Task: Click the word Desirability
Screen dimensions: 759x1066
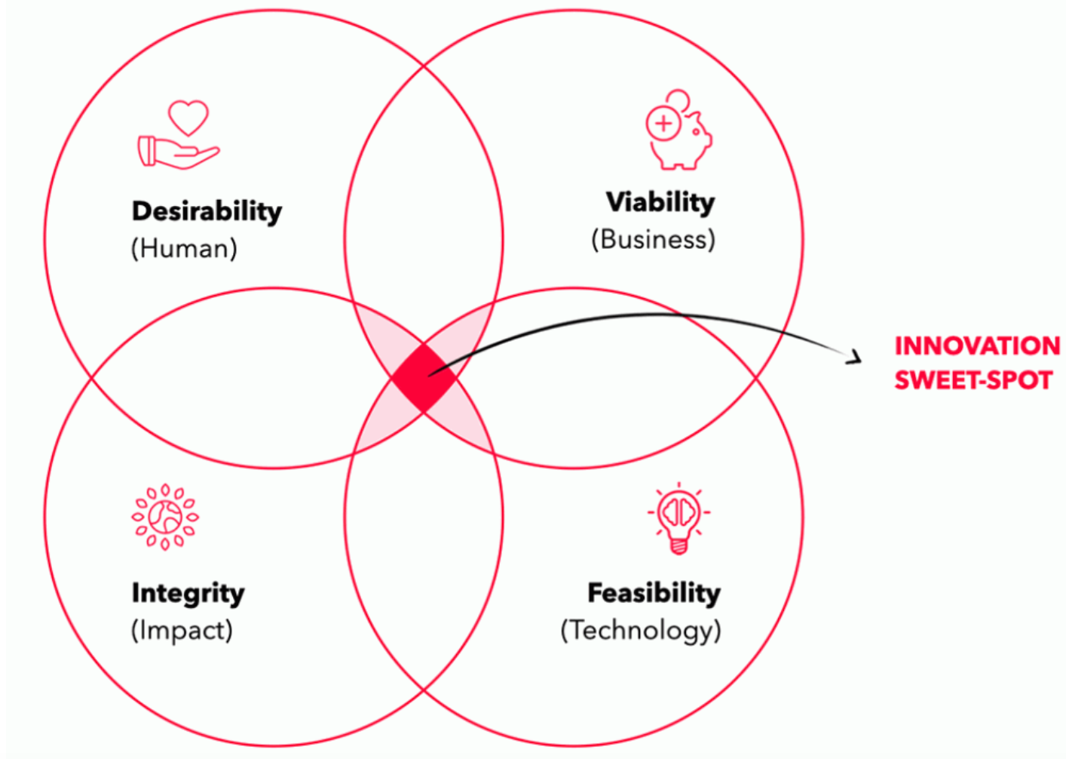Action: tap(207, 211)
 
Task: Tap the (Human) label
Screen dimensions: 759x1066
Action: tap(184, 248)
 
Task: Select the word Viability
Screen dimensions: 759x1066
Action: tap(660, 202)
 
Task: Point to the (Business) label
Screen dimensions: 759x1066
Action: tap(653, 239)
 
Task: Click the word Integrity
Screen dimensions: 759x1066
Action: tap(188, 594)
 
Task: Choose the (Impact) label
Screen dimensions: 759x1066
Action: tap(182, 630)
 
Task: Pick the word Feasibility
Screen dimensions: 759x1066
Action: tap(654, 593)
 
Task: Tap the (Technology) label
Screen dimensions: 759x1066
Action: tap(641, 630)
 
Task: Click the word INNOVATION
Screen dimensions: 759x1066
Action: tap(977, 346)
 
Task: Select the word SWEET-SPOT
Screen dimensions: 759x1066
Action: tap(973, 379)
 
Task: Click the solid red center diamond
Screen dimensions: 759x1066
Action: tap(423, 377)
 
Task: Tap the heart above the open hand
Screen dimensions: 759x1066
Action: tap(188, 118)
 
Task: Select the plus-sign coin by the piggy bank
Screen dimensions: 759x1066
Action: tap(663, 124)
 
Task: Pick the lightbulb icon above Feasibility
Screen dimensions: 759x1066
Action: tap(679, 518)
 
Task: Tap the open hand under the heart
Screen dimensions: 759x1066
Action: tap(179, 152)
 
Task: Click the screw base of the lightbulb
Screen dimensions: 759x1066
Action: tap(679, 546)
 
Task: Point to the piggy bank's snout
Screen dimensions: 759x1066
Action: tap(707, 138)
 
